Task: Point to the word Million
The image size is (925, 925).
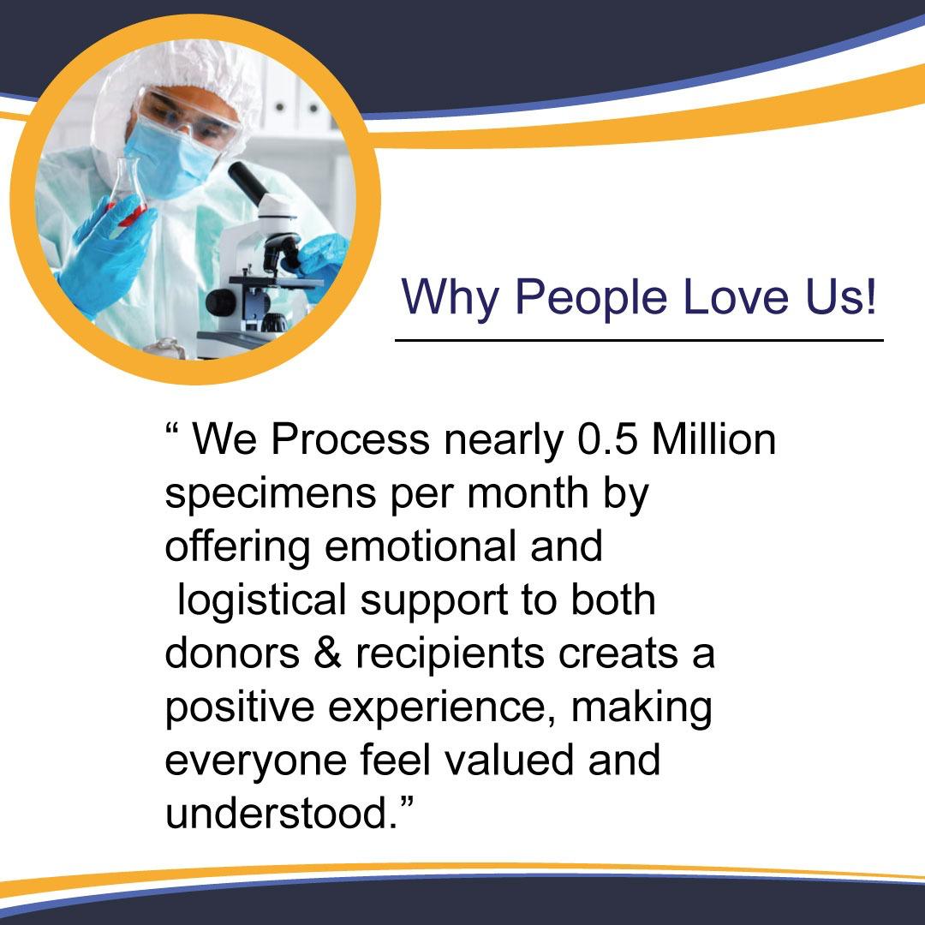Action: pos(713,439)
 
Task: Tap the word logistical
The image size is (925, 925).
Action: pos(261,600)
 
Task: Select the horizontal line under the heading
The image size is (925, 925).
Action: pos(638,340)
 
